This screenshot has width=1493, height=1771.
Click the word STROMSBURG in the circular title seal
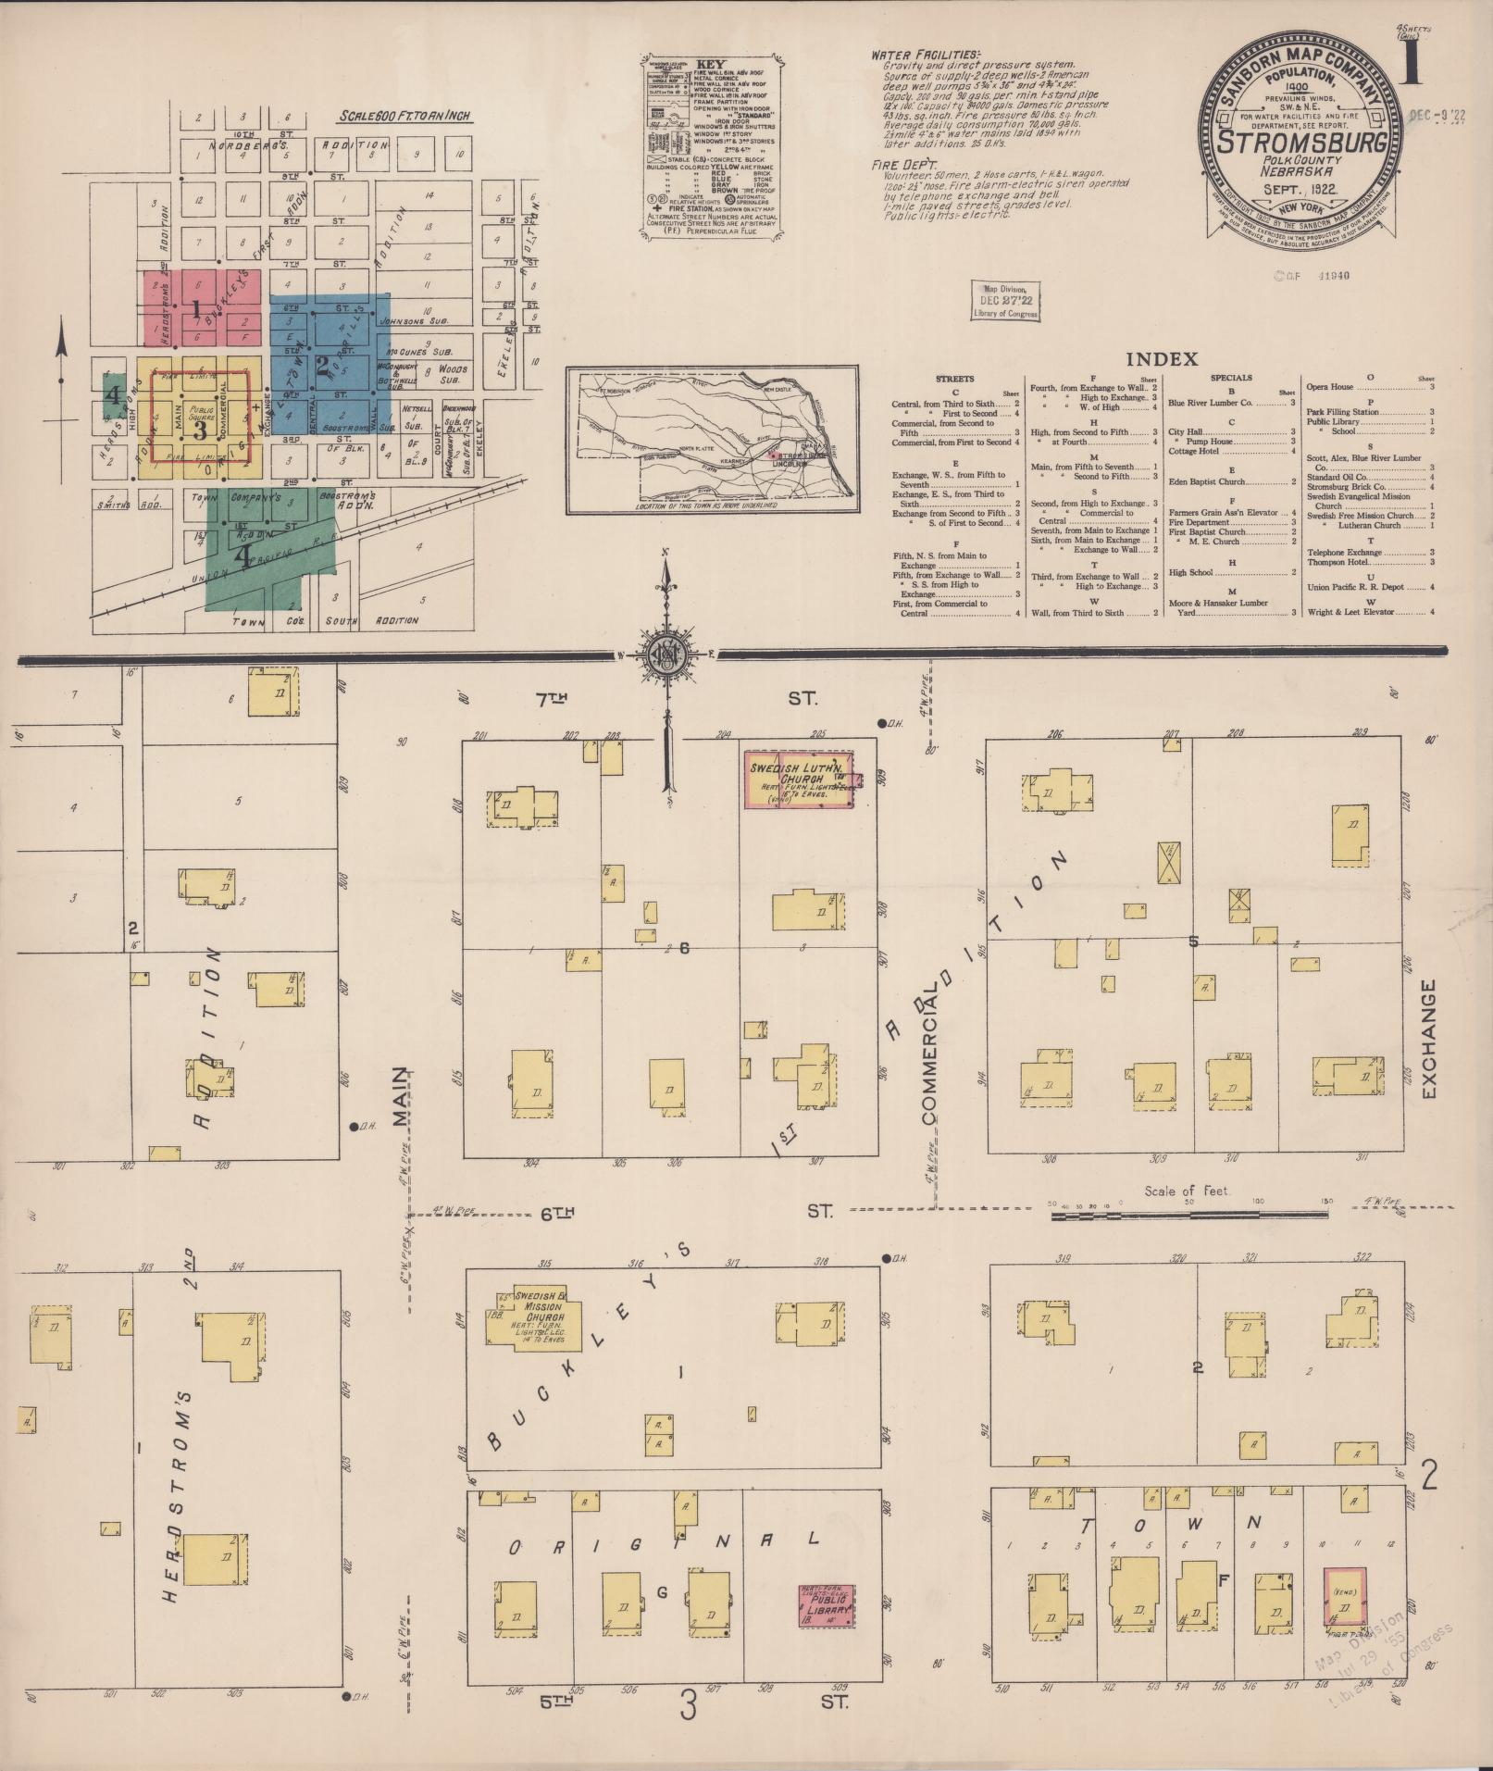1300,143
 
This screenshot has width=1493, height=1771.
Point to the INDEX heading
1162,358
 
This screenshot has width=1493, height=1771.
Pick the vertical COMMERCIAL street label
928,1055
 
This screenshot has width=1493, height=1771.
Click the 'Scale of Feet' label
1186,1190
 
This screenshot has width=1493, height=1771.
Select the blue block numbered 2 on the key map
323,363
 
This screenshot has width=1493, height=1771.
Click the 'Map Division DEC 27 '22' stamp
1004,302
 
